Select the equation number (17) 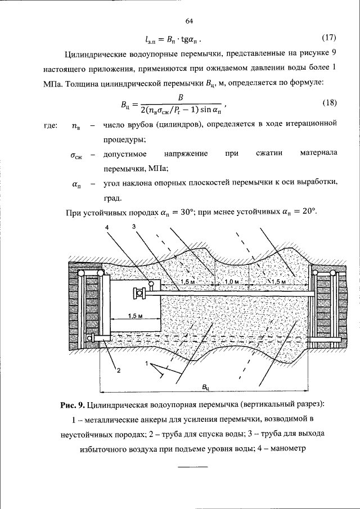coord(328,38)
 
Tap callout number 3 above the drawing coord(133,226)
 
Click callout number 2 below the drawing coord(118,370)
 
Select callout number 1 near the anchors coord(147,364)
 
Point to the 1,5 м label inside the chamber coord(136,316)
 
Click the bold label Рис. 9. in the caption coord(73,405)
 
